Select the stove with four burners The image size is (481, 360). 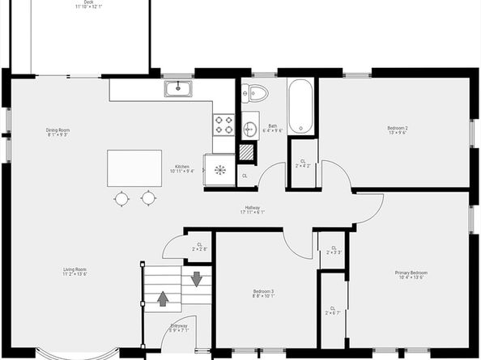pos(223,125)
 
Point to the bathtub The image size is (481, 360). pos(299,106)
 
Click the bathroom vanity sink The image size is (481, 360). pos(249,127)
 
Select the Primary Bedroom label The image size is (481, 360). pos(411,275)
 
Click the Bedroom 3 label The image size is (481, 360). pos(263,293)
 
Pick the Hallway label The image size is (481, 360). pos(252,210)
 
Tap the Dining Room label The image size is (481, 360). pos(57,132)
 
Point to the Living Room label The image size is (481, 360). pos(75,271)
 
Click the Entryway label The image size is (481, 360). pos(179,328)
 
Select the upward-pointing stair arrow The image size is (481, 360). pos(163,299)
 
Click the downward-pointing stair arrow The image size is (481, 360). pos(196,279)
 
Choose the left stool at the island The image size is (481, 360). pos(121,197)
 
